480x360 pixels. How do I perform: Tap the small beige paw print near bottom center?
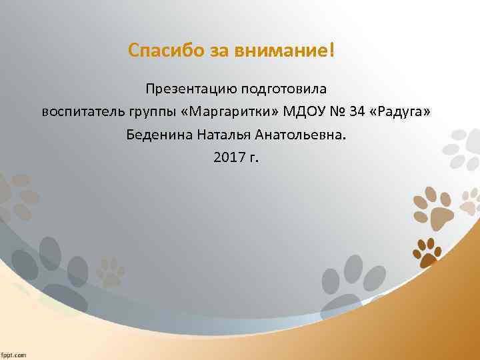coord(110,271)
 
